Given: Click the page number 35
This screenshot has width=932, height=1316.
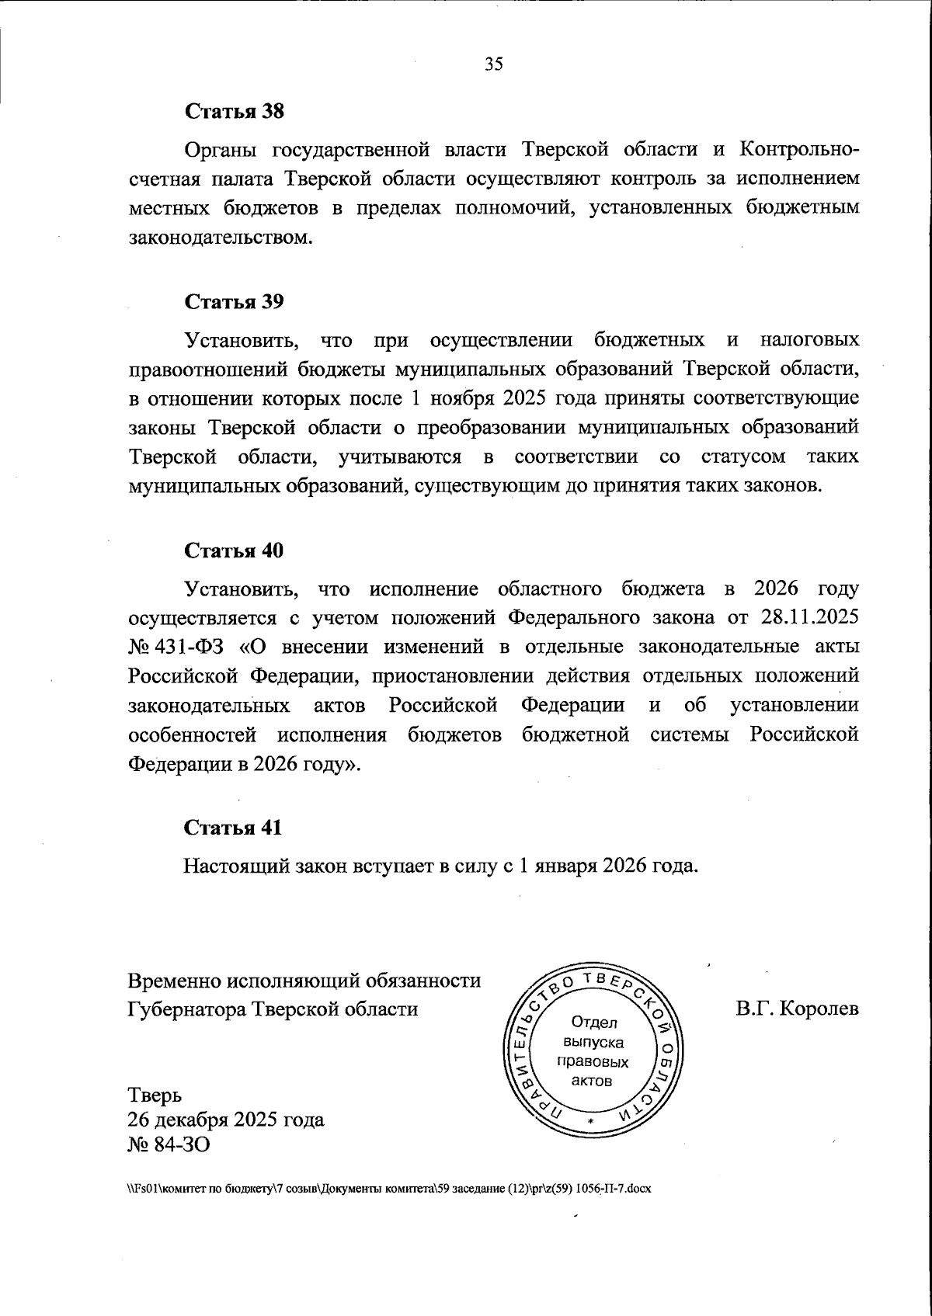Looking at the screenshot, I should pyautogui.click(x=494, y=64).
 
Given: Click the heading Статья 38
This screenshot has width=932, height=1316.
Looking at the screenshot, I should pyautogui.click(x=234, y=111).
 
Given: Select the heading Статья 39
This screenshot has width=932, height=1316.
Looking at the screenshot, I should pyautogui.click(x=234, y=302).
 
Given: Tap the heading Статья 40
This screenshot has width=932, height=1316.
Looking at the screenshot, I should pyautogui.click(x=234, y=550).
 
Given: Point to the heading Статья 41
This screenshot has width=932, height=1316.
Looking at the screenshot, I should pyautogui.click(x=233, y=828).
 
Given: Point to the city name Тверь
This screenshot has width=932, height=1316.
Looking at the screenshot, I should pyautogui.click(x=155, y=1096).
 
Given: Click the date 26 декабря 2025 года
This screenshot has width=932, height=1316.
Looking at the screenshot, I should pyautogui.click(x=225, y=1120).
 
